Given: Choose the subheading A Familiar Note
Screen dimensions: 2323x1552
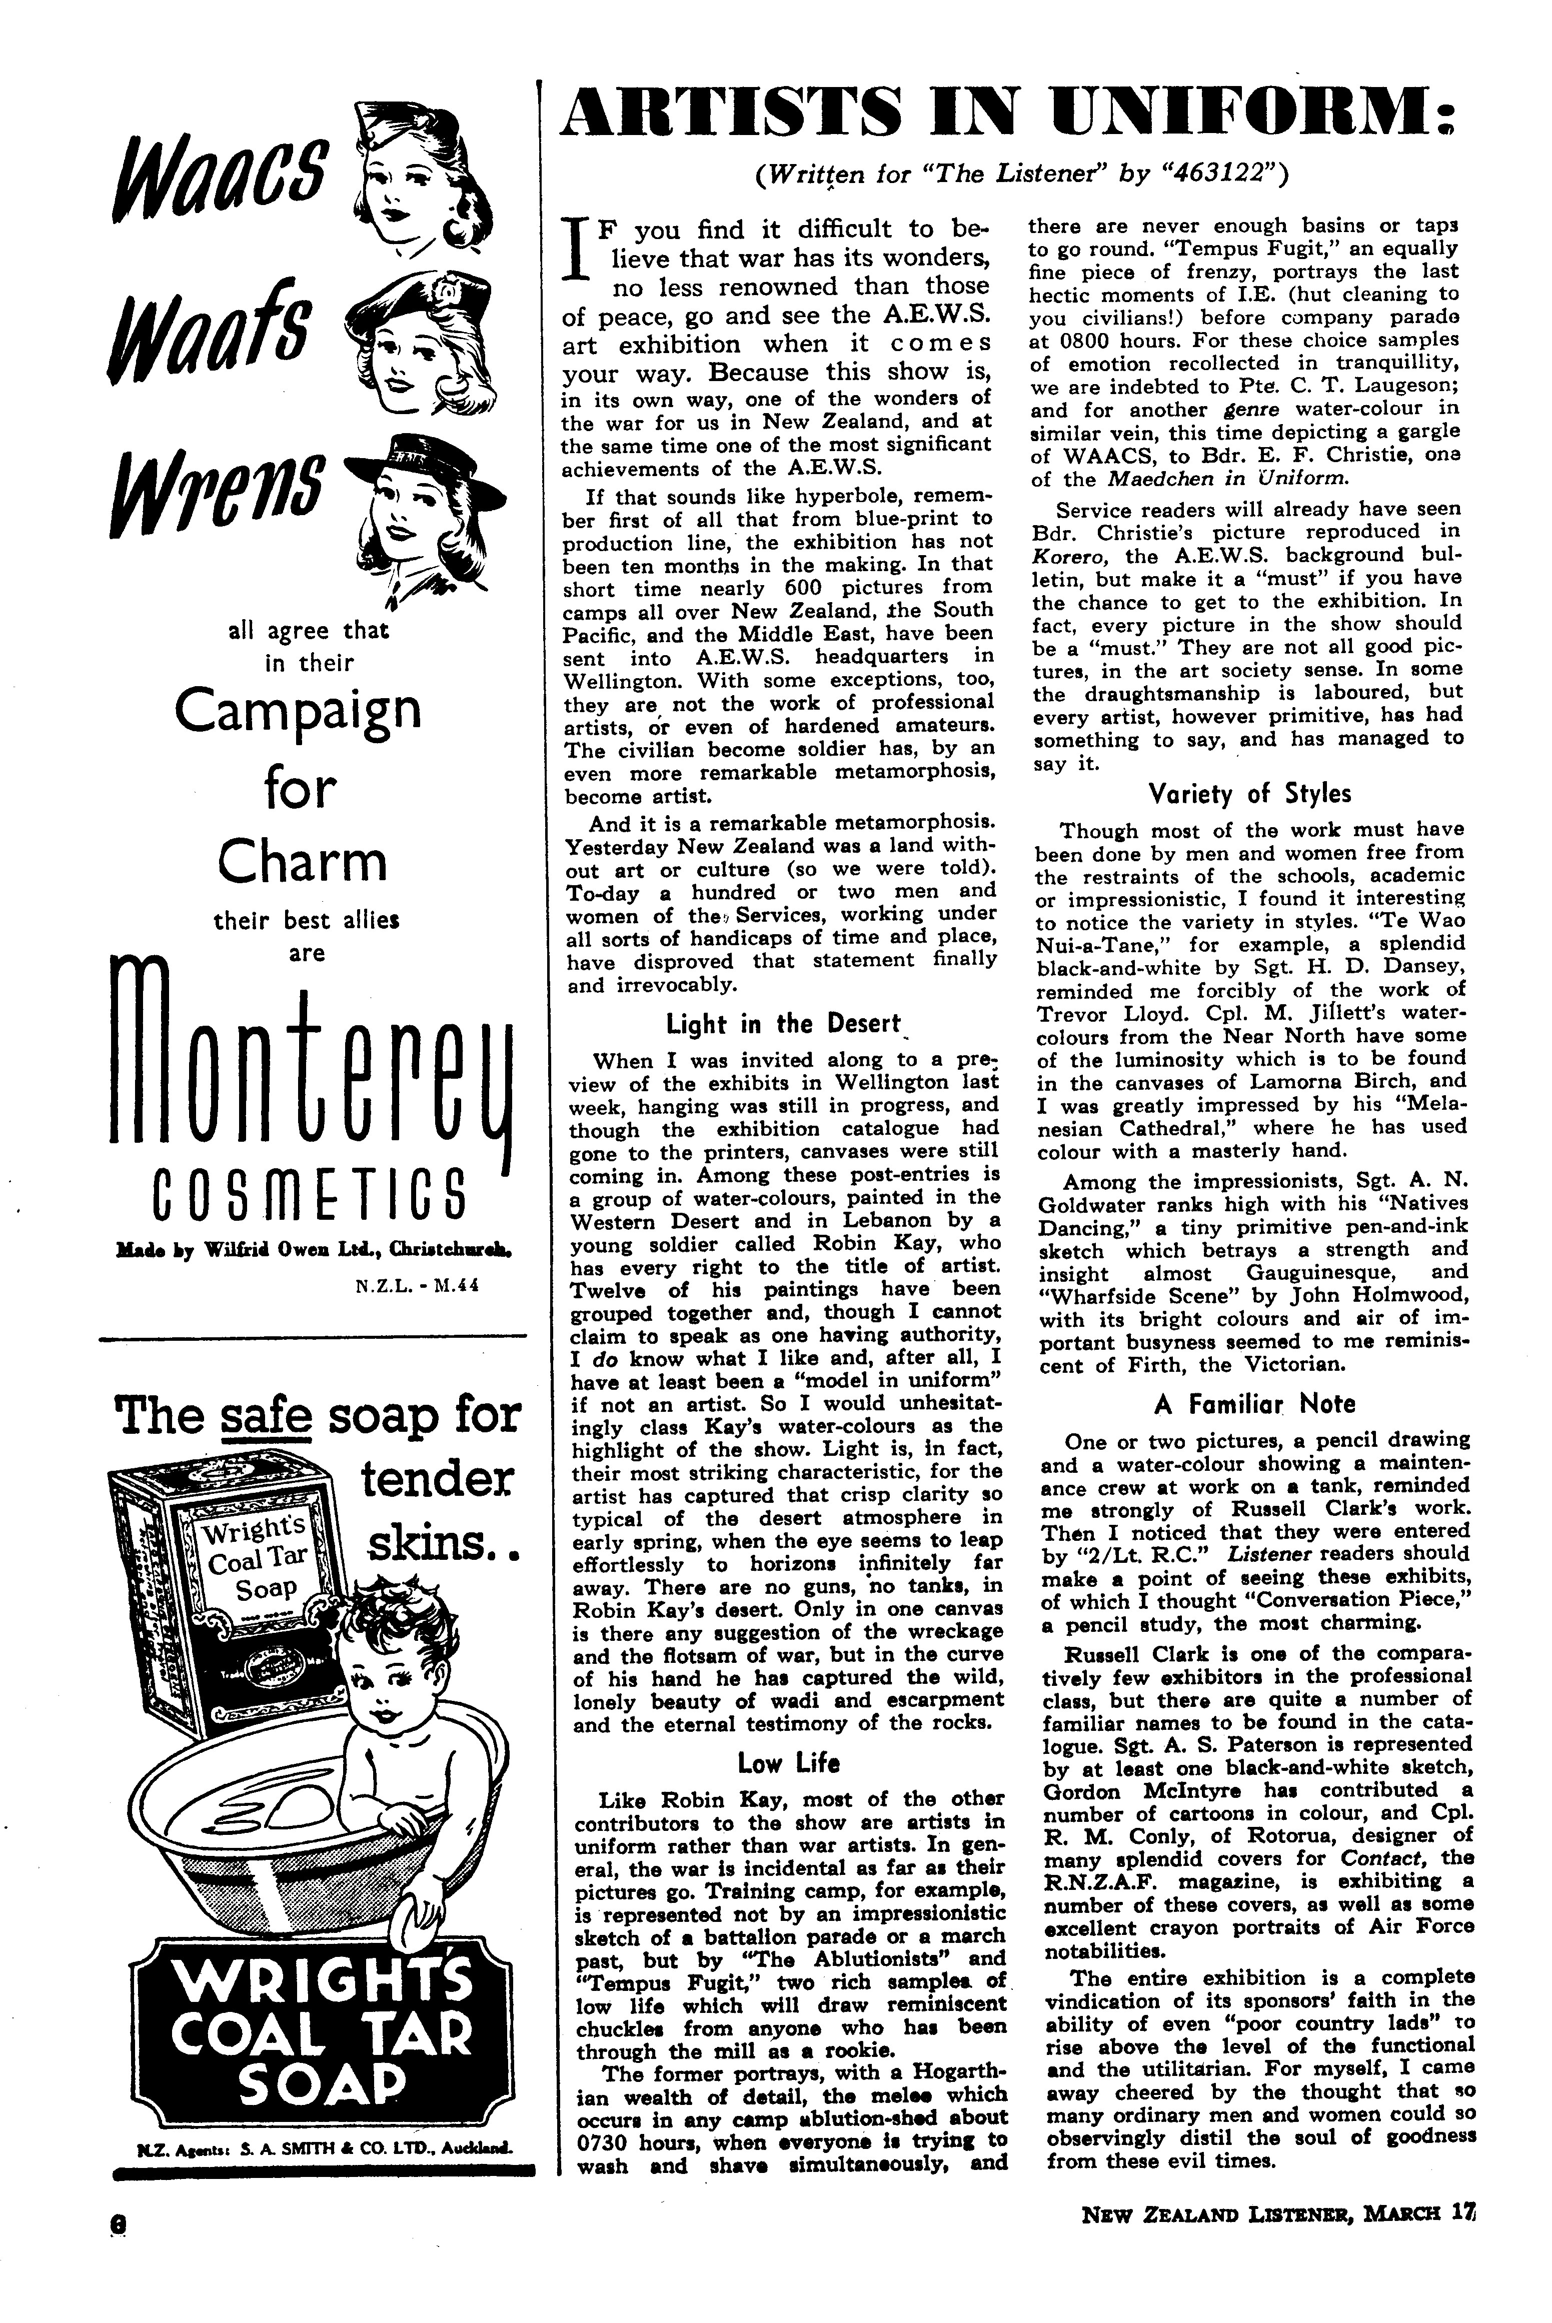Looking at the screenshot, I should [1254, 1403].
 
